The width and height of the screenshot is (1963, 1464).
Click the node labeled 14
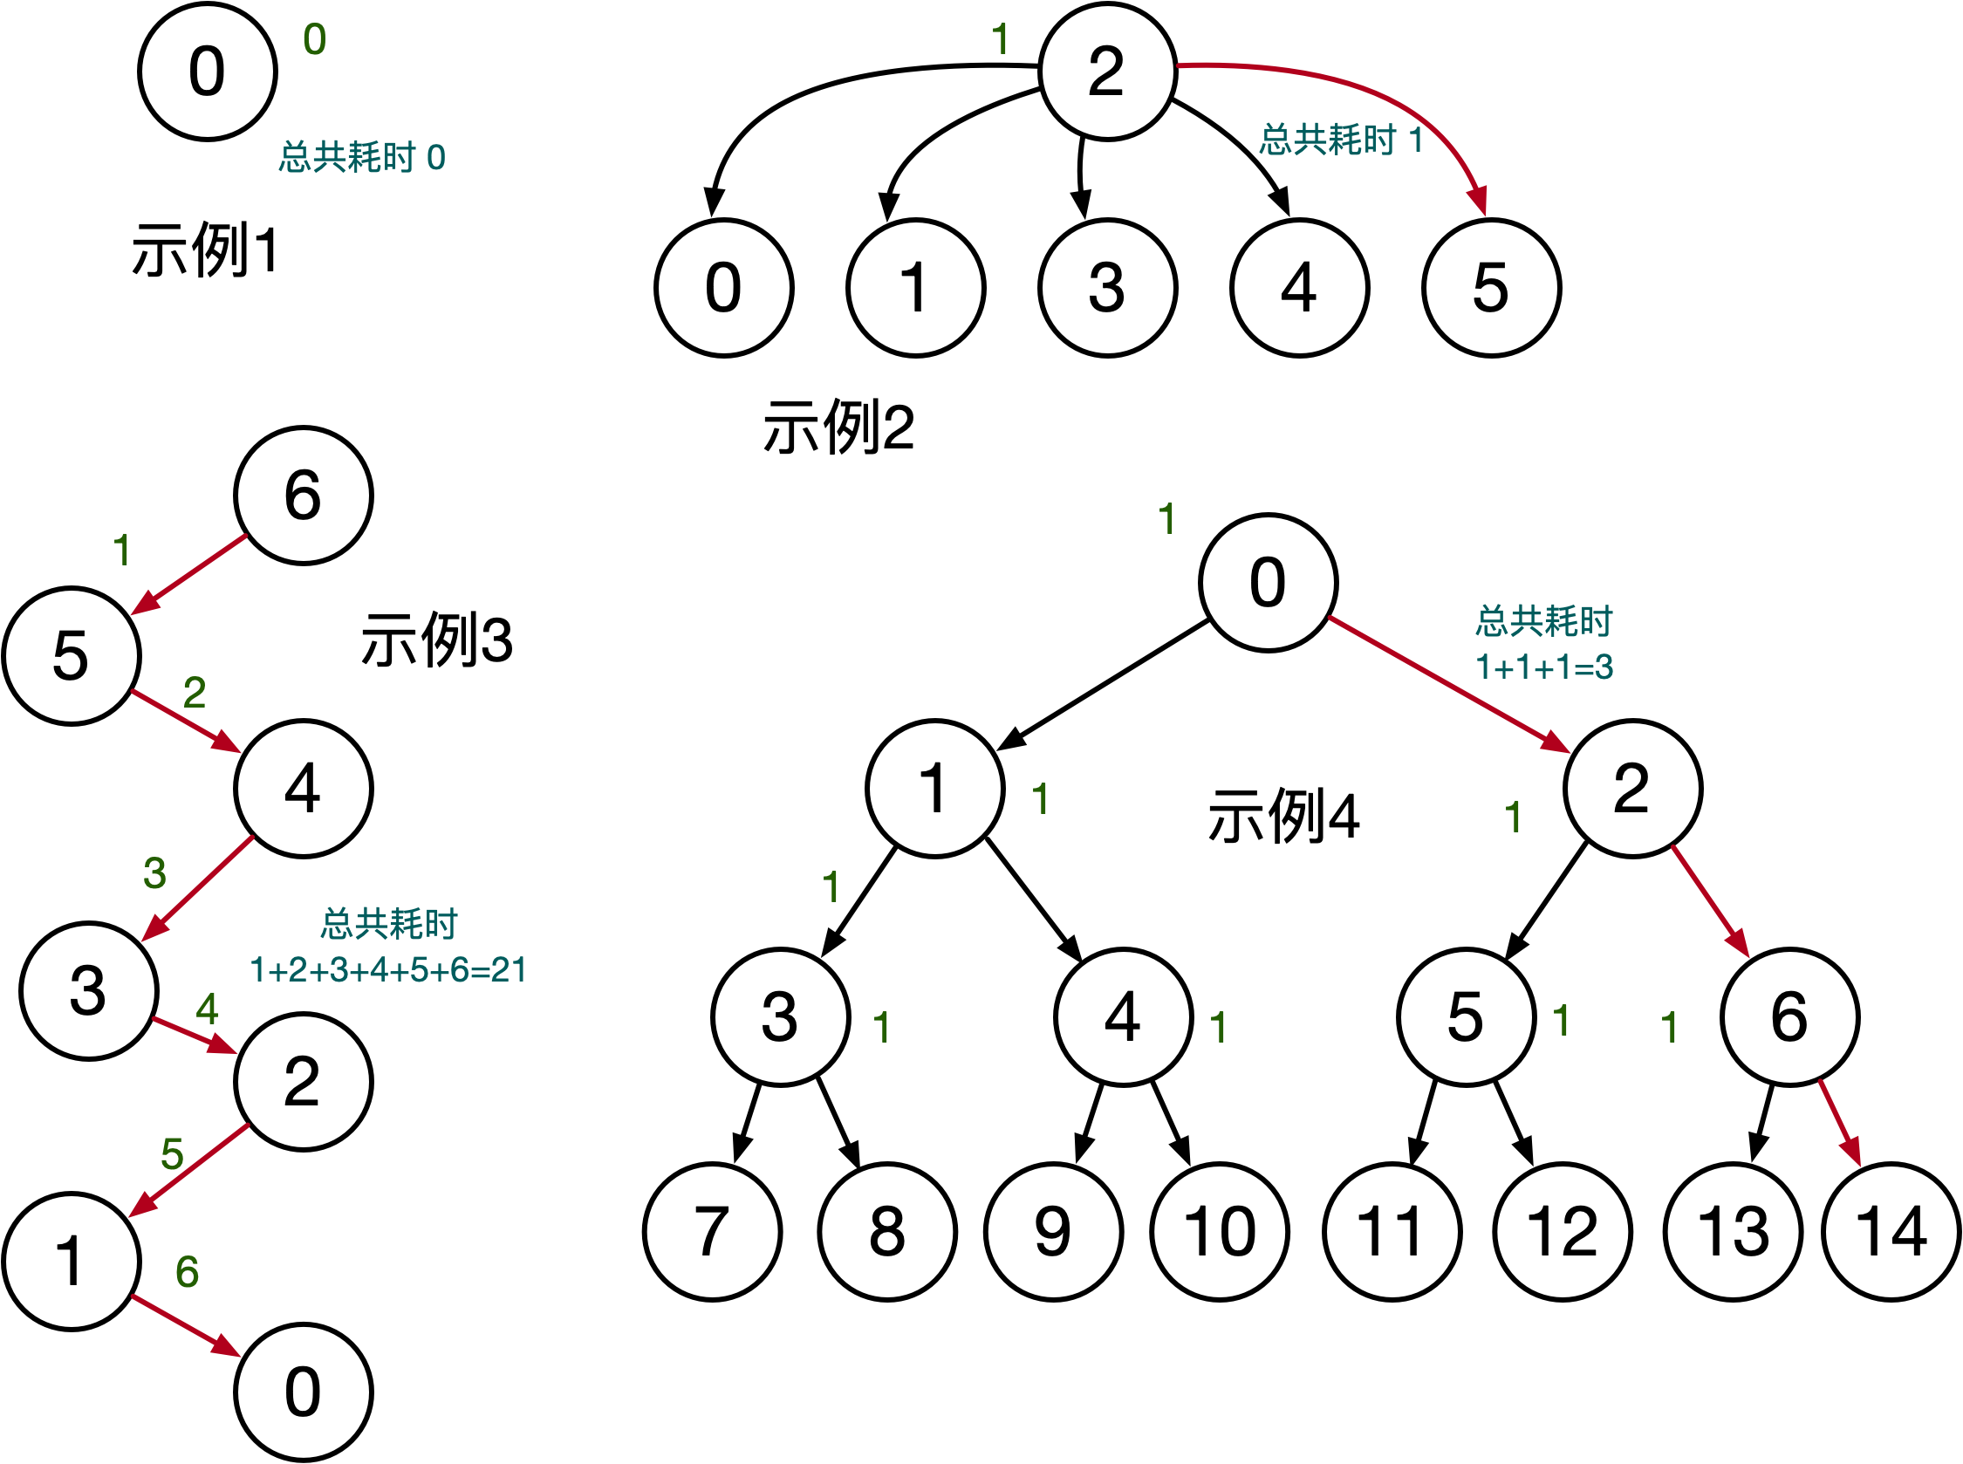tap(1891, 1232)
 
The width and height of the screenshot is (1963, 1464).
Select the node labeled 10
tap(1220, 1232)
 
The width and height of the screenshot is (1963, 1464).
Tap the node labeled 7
tap(712, 1232)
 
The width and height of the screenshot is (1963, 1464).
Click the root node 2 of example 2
tap(1108, 71)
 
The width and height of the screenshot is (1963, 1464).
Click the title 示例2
tap(838, 428)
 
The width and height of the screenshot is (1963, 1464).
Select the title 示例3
tap(436, 640)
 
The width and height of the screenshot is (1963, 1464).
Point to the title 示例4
tap(1282, 816)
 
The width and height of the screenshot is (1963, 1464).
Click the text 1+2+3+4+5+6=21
tap(388, 970)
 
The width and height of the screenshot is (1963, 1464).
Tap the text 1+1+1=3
tap(1544, 667)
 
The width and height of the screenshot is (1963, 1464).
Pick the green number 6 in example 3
tap(187, 1273)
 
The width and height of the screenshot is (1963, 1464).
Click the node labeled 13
tap(1733, 1232)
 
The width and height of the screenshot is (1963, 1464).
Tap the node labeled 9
tap(1053, 1232)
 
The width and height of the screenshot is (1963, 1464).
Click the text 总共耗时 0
tap(361, 158)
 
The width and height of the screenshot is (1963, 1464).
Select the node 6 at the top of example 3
tap(303, 496)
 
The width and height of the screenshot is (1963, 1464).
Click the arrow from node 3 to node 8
tap(838, 1121)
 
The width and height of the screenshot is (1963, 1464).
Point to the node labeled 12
tap(1562, 1232)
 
